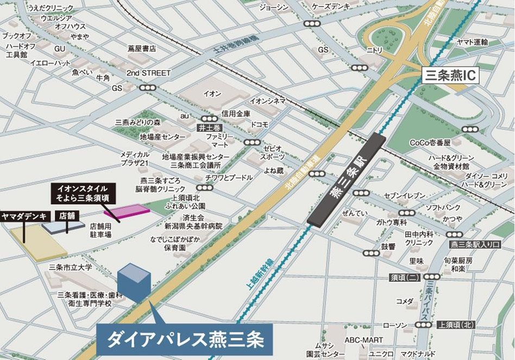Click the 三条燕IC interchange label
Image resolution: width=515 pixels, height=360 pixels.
pos(450,75)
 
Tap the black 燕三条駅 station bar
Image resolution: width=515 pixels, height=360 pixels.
pos(346,179)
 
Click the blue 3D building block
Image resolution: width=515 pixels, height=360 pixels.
pos(134,282)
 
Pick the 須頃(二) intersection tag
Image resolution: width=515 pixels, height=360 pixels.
pos(404,277)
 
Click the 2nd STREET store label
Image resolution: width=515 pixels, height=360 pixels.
pos(148,73)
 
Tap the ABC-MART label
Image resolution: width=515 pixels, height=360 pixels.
pos(361,340)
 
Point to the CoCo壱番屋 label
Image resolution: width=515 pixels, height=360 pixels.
pos(430,143)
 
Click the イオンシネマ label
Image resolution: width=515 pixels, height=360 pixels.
pos(267,101)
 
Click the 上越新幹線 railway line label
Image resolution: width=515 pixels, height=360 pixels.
pos(260,277)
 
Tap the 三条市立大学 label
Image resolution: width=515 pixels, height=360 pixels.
pos(70,267)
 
